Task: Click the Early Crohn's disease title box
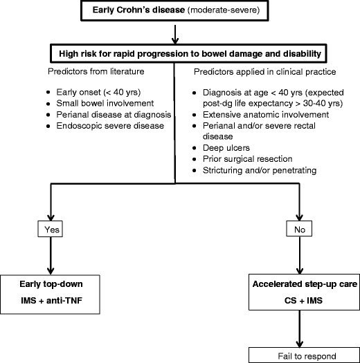coord(179,12)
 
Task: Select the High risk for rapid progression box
coord(179,53)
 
